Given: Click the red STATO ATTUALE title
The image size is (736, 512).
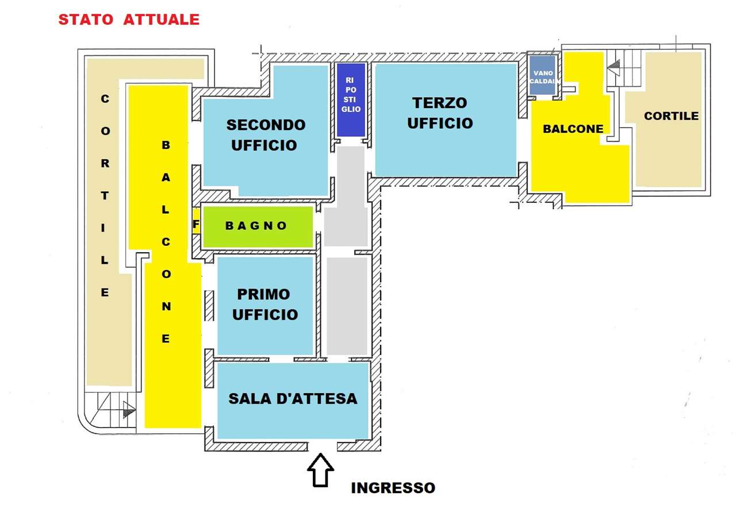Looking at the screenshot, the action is [129, 20].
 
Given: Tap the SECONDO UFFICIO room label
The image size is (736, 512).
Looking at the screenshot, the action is [266, 135].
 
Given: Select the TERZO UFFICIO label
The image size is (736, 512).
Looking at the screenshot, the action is [440, 113].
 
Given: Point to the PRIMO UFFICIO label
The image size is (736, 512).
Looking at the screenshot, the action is [264, 305].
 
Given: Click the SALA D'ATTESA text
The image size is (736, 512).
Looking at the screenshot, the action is [293, 399].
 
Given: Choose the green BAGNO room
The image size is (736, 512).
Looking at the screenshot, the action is [258, 226].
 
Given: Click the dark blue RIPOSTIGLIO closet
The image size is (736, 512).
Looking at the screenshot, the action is [351, 100].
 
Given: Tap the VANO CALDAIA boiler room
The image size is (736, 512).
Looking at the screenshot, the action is [542, 75].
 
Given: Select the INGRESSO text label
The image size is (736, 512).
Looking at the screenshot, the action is [393, 488].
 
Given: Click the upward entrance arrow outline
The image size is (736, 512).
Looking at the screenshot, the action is [320, 470].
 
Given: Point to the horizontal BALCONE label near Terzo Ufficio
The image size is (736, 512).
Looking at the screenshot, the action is [573, 129].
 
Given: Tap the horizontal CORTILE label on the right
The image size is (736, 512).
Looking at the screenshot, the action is [671, 116].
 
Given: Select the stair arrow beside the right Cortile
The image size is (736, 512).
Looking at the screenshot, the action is [614, 67].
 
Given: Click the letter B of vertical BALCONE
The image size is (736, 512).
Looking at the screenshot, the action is [166, 145].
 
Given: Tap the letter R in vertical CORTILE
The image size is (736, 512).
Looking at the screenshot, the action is [105, 163].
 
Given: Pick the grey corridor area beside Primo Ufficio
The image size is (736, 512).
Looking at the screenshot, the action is [347, 306].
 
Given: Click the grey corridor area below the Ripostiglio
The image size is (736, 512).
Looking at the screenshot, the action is [346, 196].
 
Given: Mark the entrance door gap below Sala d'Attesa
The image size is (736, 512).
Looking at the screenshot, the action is [323, 446].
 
